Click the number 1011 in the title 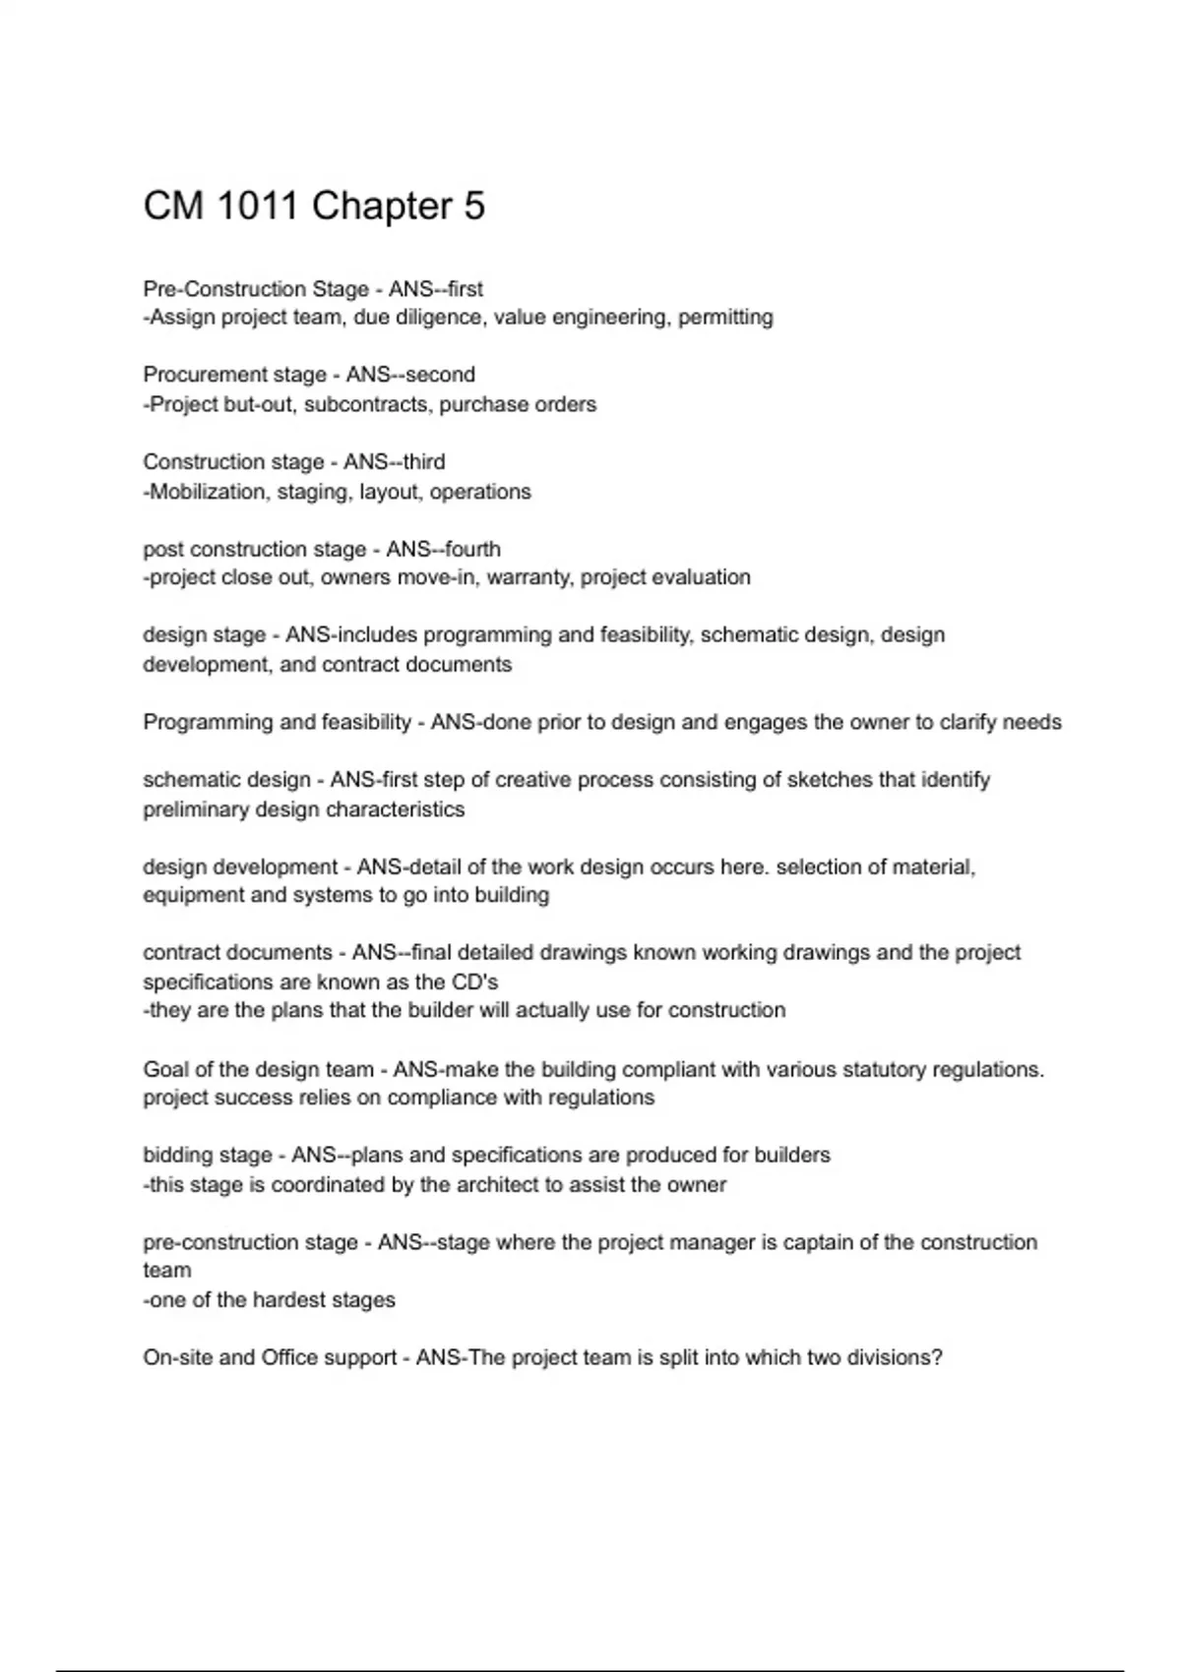[256, 207]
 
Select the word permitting [725, 318]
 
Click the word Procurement [200, 375]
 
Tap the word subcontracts [366, 404]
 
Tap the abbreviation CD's [475, 982]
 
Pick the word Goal [165, 1069]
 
